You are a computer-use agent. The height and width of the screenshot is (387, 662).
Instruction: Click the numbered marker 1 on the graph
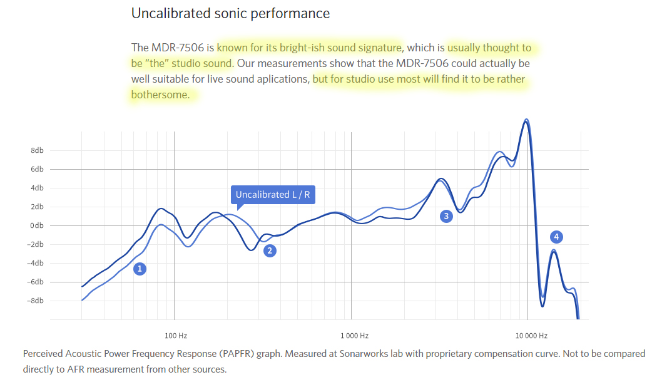click(x=140, y=269)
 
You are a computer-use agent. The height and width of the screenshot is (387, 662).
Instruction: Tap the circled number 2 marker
click(x=270, y=250)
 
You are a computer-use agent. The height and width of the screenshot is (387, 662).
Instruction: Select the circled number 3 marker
click(x=446, y=217)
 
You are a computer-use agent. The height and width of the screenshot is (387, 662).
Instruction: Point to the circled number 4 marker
click(x=556, y=237)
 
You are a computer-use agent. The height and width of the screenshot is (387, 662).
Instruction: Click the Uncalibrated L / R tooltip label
click(x=273, y=195)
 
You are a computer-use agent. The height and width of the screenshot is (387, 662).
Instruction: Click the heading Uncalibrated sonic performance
click(x=230, y=13)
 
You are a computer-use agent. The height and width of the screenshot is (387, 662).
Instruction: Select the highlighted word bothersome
click(x=160, y=95)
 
